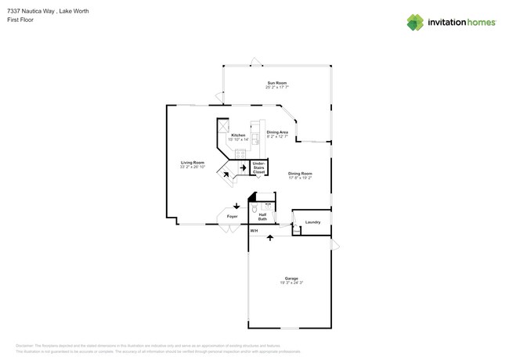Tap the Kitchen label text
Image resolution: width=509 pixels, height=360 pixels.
(238, 135)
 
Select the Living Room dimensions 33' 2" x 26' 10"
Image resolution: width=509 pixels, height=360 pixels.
(193, 167)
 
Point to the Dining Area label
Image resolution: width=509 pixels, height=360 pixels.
(277, 132)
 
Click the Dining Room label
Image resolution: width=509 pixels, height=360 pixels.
(300, 173)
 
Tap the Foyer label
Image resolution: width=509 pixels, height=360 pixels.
(233, 216)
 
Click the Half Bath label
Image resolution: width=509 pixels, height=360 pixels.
(262, 217)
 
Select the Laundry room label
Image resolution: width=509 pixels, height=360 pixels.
(312, 222)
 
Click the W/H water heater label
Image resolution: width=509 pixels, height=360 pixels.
(254, 231)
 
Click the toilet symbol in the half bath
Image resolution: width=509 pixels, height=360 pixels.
(255, 209)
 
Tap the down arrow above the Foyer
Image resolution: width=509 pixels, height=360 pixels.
(236, 206)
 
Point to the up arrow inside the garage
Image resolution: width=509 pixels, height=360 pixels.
(270, 236)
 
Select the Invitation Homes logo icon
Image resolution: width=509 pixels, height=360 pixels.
(415, 23)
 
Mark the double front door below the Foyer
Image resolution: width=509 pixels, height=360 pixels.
(229, 229)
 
